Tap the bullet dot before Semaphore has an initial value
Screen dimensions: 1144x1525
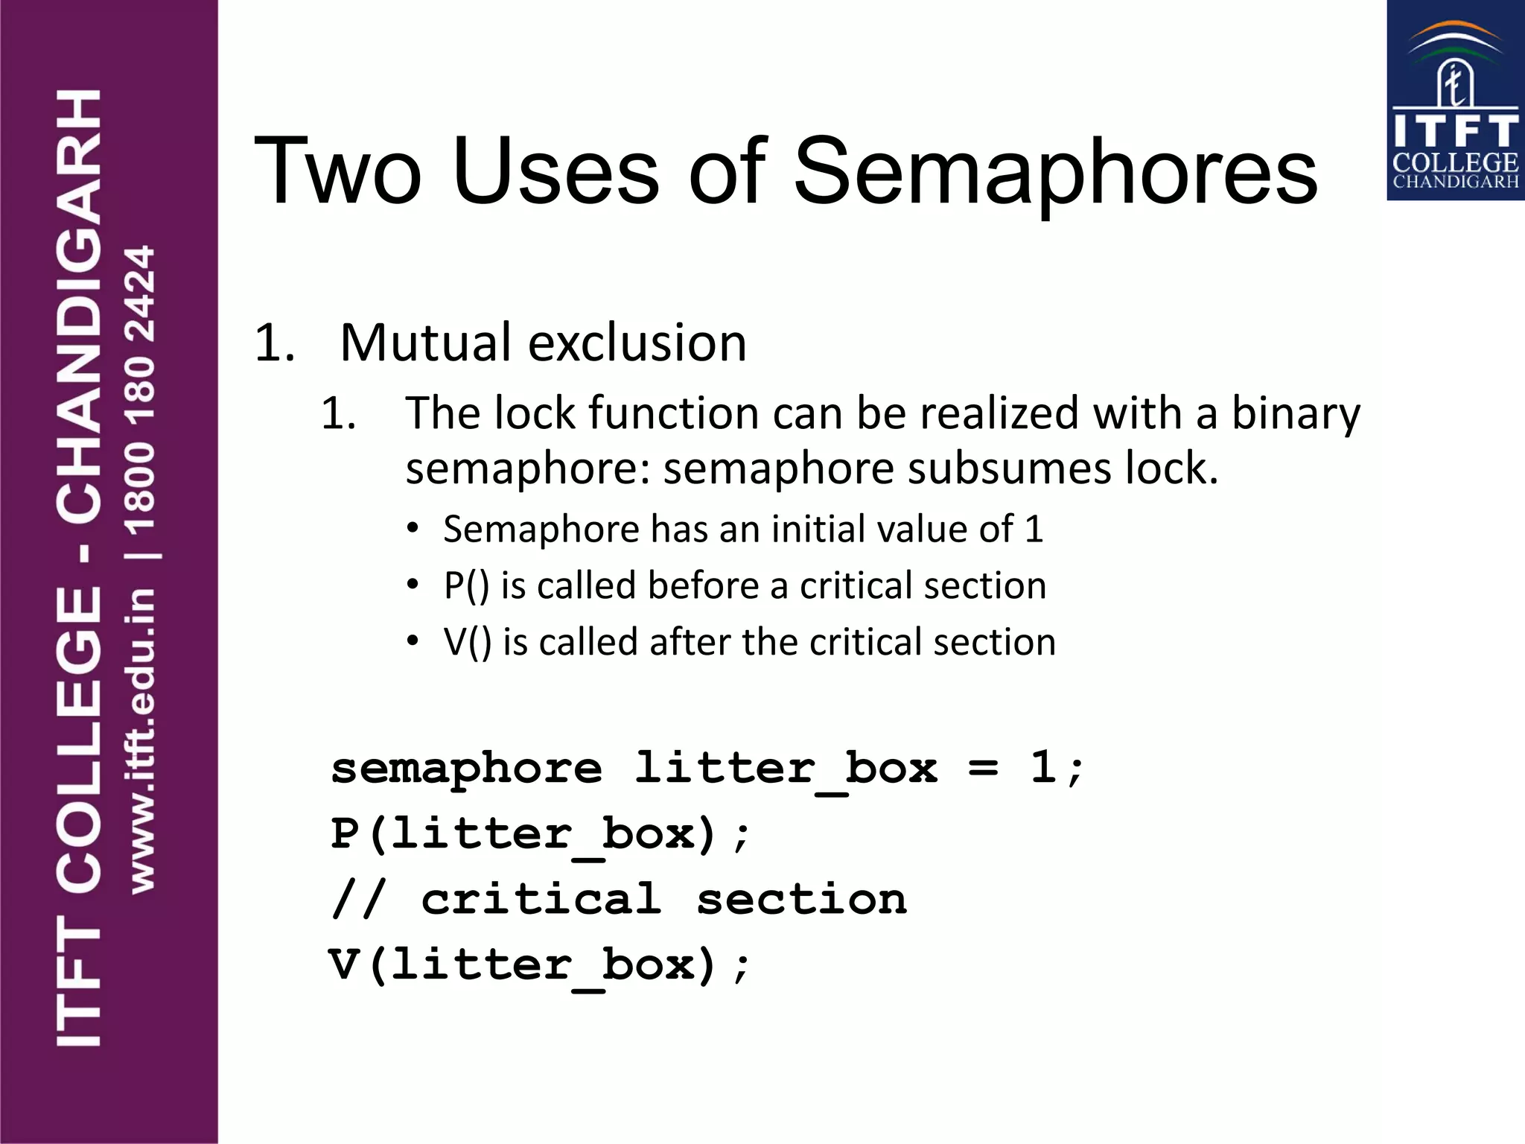pyautogui.click(x=413, y=529)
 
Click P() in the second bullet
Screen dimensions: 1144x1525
pyautogui.click(x=466, y=585)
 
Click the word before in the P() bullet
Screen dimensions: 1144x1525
pyautogui.click(x=703, y=585)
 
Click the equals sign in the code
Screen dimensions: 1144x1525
pyautogui.click(x=983, y=769)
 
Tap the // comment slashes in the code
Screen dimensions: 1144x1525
pyautogui.click(x=358, y=899)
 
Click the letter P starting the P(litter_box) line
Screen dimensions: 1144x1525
pyautogui.click(x=345, y=833)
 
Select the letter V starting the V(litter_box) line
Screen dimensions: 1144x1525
pyautogui.click(x=345, y=965)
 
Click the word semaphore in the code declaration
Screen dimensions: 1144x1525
pyautogui.click(x=466, y=769)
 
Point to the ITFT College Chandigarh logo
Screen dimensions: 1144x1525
pyautogui.click(x=1455, y=101)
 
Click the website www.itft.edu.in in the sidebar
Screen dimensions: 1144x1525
pyautogui.click(x=141, y=741)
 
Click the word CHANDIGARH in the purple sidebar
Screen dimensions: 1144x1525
pyautogui.click(x=78, y=305)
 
